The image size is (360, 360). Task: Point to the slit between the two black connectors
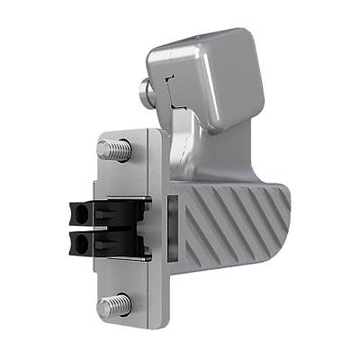[x=99, y=229]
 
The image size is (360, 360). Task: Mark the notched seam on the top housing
[x=171, y=90]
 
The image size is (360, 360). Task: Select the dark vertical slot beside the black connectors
[x=168, y=229]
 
